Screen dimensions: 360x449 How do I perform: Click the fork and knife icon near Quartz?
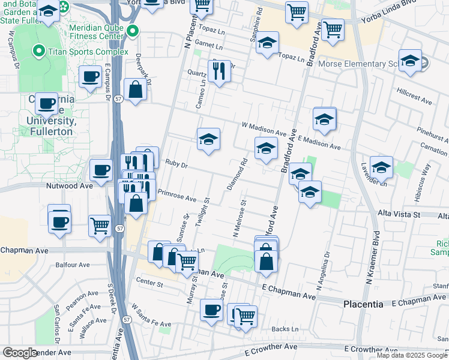point(219,71)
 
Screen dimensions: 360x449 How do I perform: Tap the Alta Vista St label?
point(400,214)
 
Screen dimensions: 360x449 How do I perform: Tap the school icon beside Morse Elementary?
point(410,61)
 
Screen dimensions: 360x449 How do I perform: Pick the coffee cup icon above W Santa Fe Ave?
point(211,310)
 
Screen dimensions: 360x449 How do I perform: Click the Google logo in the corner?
point(20,353)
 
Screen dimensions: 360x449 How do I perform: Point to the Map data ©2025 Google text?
point(412,355)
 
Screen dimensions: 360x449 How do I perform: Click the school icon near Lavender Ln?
point(381,167)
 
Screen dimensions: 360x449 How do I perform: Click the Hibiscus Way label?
point(426,176)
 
